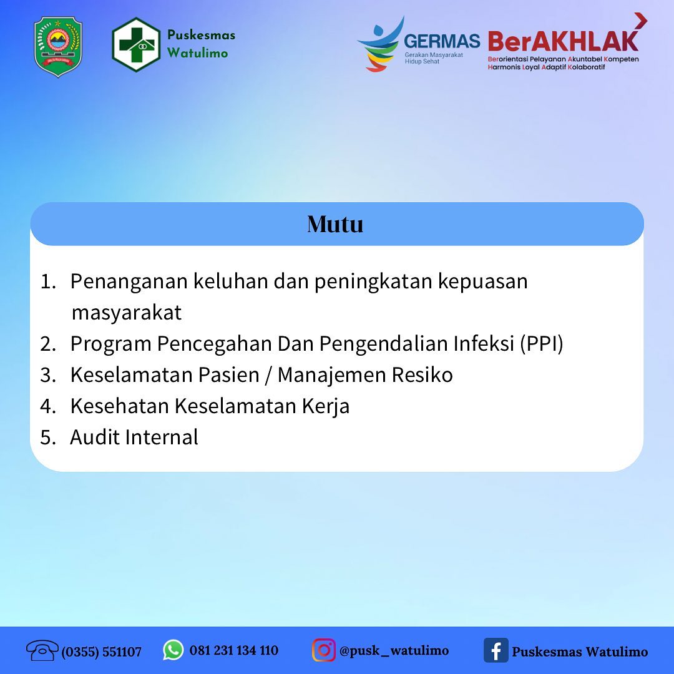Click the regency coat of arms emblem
click(x=58, y=47)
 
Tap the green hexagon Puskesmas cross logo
click(x=136, y=45)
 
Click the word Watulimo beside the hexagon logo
click(x=197, y=53)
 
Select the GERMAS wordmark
click(x=442, y=41)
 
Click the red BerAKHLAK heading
click(x=563, y=41)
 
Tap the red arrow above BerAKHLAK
click(x=640, y=21)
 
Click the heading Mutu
click(x=335, y=224)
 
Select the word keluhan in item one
click(x=230, y=281)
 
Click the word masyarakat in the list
click(x=126, y=313)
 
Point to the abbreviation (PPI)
click(x=542, y=343)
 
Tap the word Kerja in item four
click(x=325, y=406)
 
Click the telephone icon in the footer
click(x=42, y=650)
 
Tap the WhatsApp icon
click(x=173, y=650)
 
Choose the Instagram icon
click(x=324, y=650)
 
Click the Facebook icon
click(x=496, y=650)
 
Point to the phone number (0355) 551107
click(x=102, y=652)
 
